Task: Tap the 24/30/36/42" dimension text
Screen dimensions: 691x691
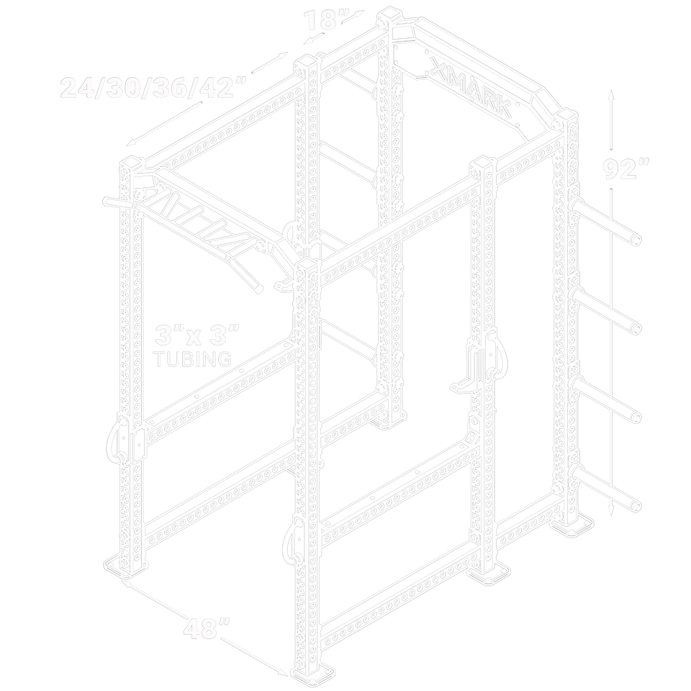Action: point(153,87)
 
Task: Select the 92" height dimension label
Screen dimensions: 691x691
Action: point(625,168)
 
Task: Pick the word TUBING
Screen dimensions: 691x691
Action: point(193,359)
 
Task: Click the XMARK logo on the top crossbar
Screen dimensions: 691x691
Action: point(471,88)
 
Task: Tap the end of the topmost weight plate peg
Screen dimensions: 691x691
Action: point(636,240)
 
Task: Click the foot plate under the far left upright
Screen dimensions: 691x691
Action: point(126,566)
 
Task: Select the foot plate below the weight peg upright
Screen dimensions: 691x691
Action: point(573,528)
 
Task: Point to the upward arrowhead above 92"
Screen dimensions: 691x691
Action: point(611,94)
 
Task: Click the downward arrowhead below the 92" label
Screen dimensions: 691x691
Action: point(611,510)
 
